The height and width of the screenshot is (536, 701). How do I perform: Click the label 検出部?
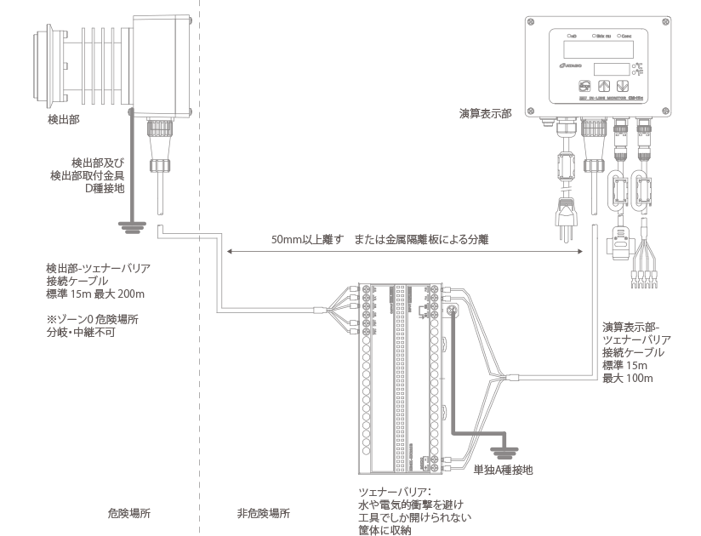pyautogui.click(x=64, y=121)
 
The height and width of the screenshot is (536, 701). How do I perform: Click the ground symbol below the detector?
pyautogui.click(x=127, y=224)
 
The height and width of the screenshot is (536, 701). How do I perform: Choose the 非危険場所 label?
pyautogui.click(x=263, y=514)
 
